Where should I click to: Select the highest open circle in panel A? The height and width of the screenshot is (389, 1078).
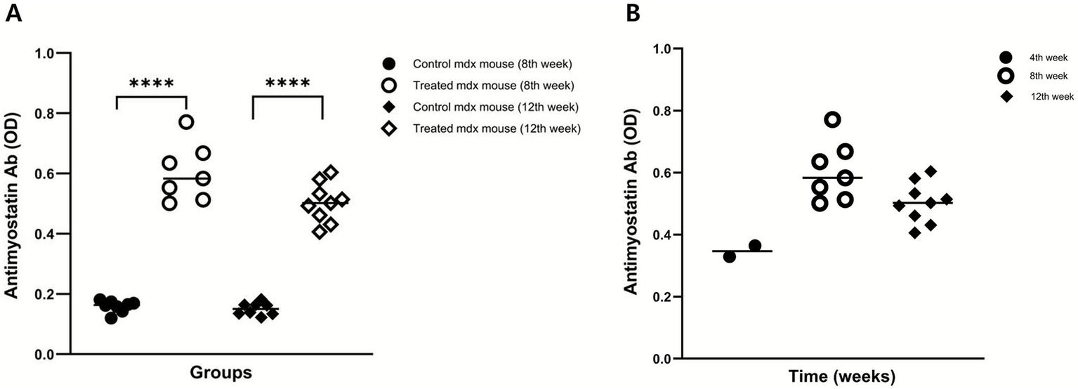186,121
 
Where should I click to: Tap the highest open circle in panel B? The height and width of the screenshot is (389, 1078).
832,119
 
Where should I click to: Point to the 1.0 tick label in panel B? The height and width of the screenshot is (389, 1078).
665,49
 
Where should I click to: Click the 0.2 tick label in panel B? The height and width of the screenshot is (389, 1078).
665,296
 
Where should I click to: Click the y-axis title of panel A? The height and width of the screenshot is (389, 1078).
14,204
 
